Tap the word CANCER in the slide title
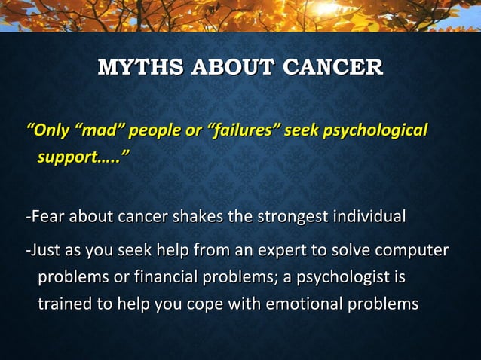(x=332, y=67)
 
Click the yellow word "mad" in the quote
(x=98, y=130)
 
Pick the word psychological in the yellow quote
(x=375, y=130)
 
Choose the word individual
(x=369, y=218)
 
